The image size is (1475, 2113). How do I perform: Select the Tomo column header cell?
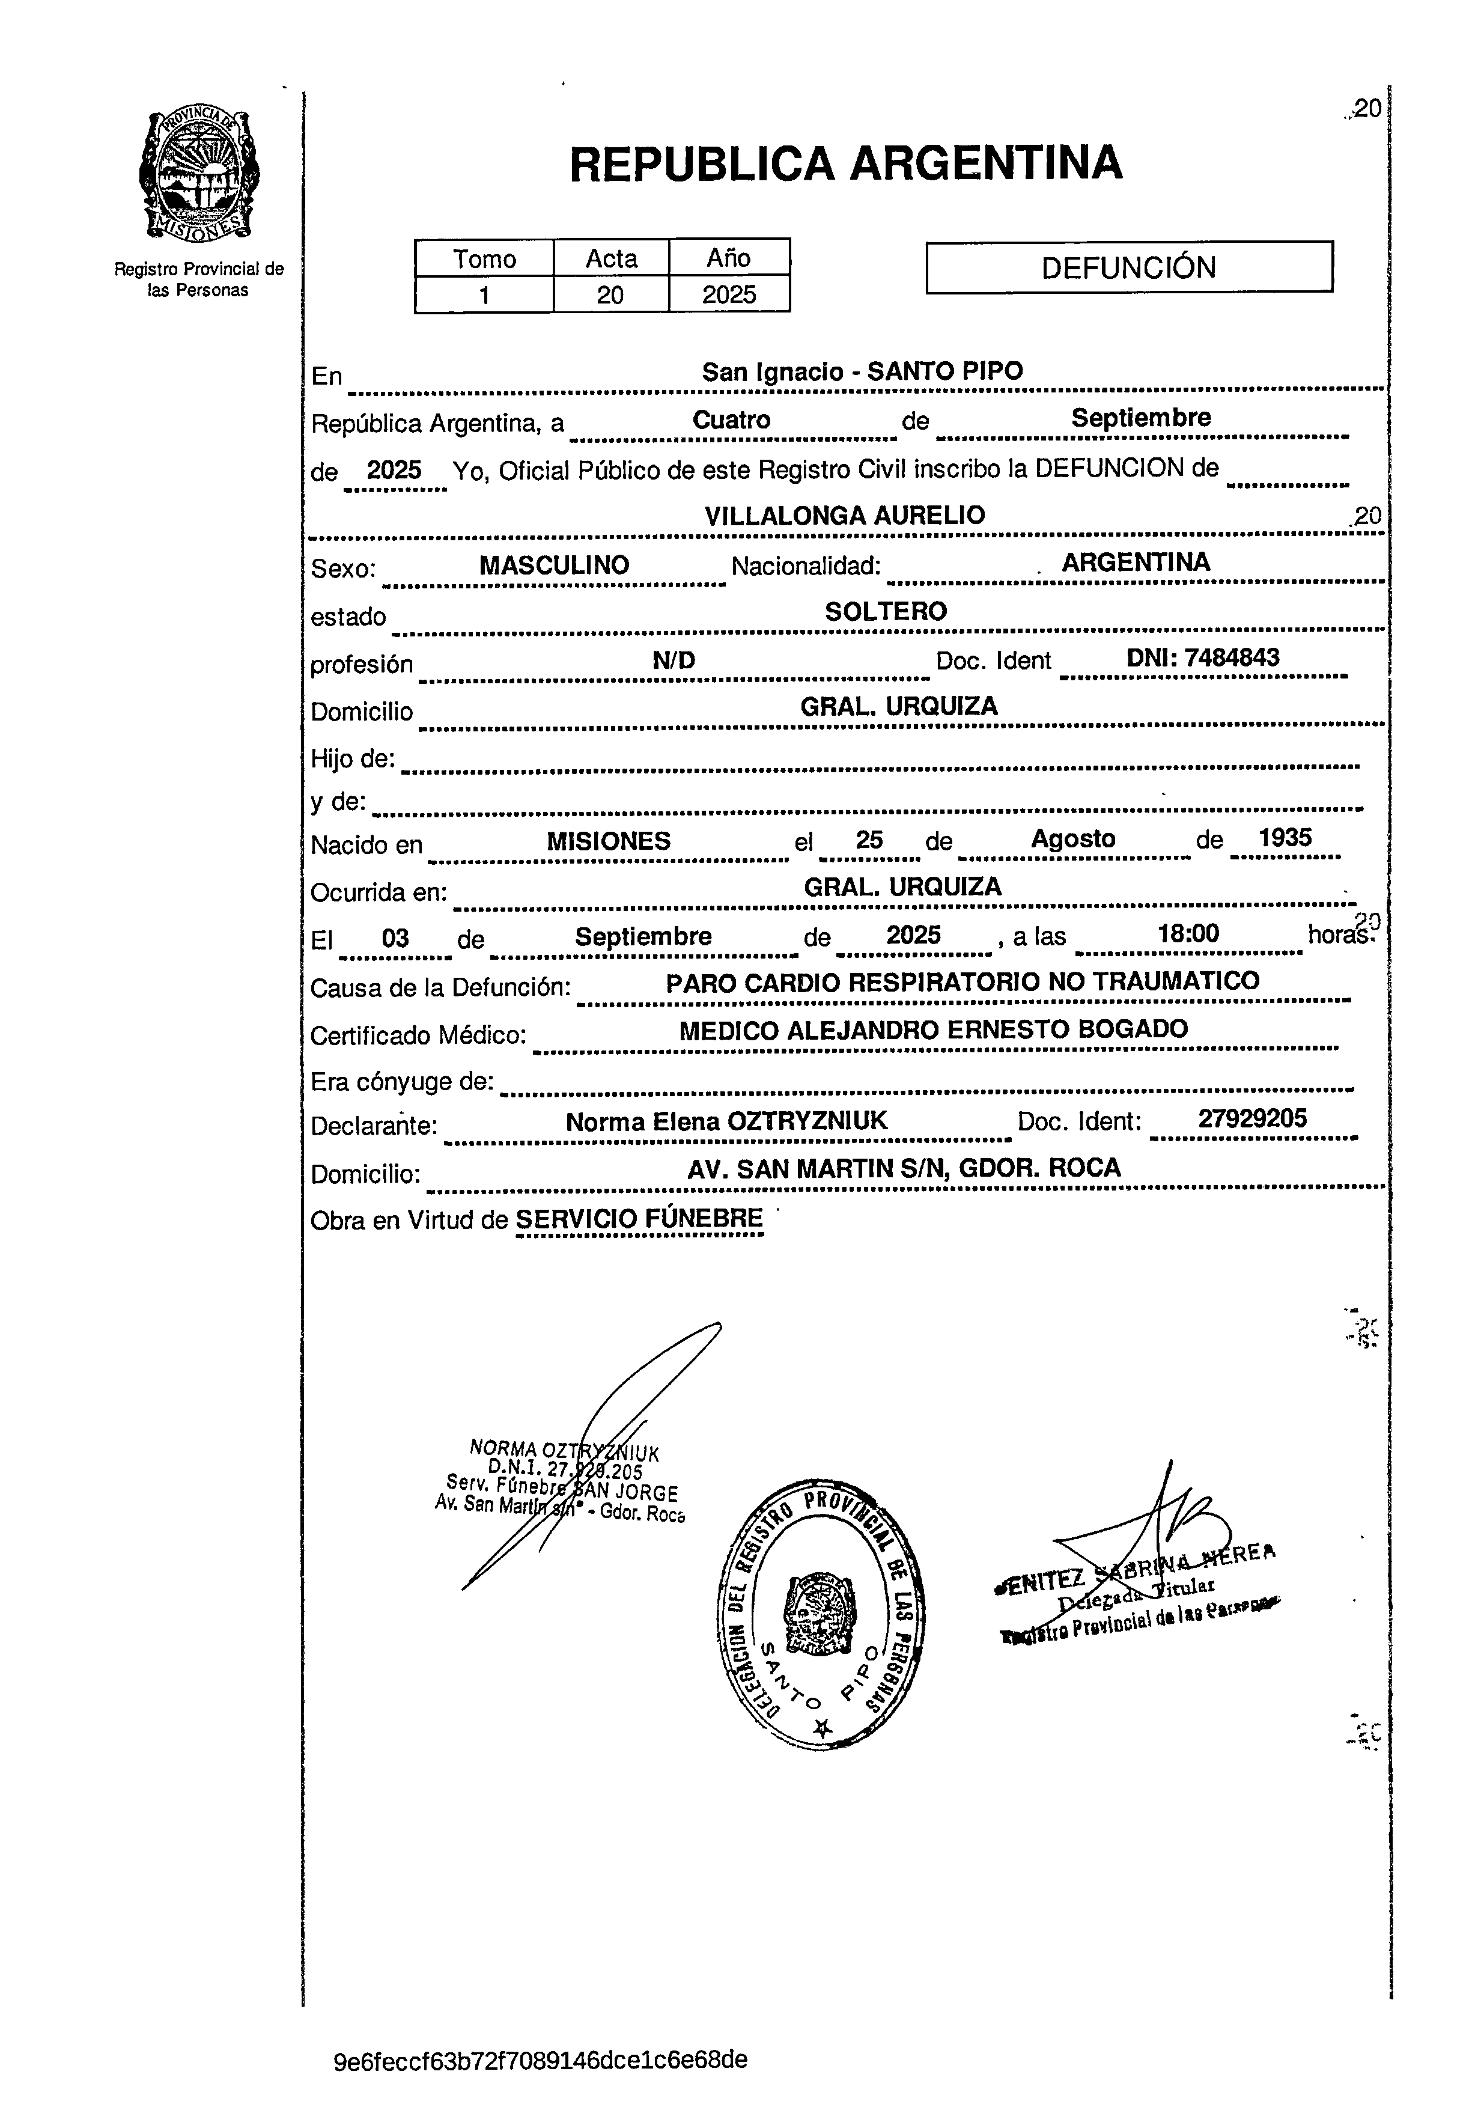484,258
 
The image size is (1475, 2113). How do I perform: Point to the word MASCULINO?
554,565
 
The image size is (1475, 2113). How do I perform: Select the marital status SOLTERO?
885,612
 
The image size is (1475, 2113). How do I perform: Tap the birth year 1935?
1285,838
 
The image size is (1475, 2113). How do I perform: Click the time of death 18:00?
1188,934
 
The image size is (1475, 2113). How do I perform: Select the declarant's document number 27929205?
1251,1118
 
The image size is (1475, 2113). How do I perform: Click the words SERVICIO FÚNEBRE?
639,1219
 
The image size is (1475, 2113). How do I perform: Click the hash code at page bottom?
540,2060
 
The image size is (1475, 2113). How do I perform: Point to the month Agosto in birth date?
1073,838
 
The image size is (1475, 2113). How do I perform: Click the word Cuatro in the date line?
732,419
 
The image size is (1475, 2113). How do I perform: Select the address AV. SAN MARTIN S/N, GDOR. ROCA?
904,1168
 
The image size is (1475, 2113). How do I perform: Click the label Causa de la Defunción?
440,987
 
